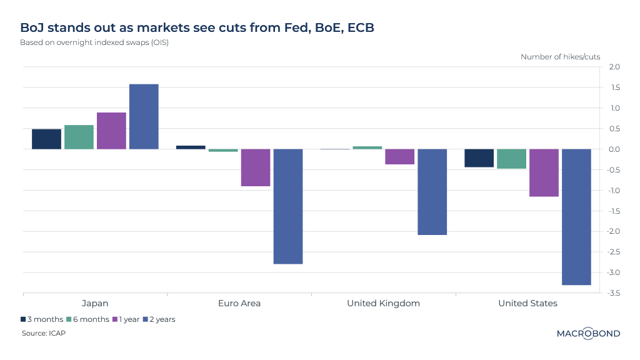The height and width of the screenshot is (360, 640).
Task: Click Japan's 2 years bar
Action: [x=144, y=117]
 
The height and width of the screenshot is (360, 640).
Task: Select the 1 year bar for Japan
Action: [x=111, y=131]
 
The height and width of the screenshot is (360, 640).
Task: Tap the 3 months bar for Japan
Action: [x=46, y=139]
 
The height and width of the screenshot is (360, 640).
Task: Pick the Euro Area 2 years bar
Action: [x=288, y=206]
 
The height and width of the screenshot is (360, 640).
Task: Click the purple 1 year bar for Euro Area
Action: [x=256, y=167]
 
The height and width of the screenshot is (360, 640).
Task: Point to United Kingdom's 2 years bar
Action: [x=432, y=192]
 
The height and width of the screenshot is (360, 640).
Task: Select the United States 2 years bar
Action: [x=576, y=217]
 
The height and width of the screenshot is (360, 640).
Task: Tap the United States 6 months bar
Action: [x=511, y=159]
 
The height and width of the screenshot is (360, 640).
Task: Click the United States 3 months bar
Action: [x=479, y=158]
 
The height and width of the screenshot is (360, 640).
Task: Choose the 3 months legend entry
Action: [x=42, y=319]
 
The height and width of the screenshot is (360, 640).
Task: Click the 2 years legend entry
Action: [x=159, y=319]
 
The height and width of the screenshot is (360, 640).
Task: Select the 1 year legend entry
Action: [x=126, y=319]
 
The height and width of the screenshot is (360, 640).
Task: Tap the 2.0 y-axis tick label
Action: [x=613, y=67]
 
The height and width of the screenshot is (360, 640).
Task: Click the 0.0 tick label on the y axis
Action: [x=613, y=149]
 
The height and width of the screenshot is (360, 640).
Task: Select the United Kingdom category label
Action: [x=383, y=304]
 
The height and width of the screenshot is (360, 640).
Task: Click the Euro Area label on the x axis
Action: [x=239, y=304]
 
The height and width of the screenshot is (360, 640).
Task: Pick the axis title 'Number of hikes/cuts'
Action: [x=560, y=57]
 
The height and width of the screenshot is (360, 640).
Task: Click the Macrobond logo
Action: [x=588, y=333]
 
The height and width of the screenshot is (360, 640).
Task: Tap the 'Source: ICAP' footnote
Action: [x=44, y=333]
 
